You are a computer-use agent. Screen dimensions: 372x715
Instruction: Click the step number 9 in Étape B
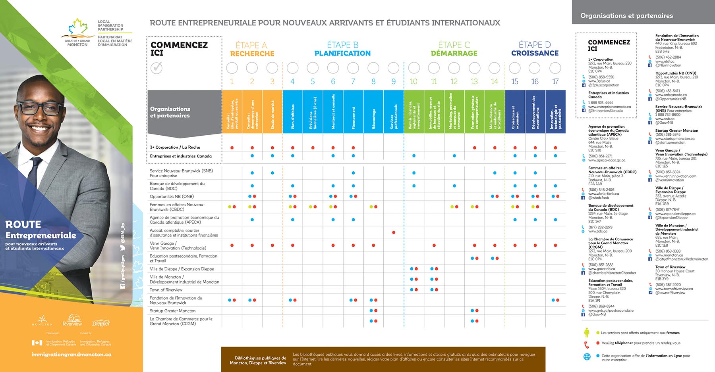point(394,82)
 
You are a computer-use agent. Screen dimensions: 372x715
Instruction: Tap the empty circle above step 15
point(515,68)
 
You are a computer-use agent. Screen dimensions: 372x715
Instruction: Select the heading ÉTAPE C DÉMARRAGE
point(454,49)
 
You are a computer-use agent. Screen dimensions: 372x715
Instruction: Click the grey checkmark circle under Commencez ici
point(157,68)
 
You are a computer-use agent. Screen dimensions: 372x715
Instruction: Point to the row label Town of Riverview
point(166,290)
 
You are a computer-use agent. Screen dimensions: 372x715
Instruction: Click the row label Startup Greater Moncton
point(172,311)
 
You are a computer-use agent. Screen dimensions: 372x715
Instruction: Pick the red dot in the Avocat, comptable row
point(394,232)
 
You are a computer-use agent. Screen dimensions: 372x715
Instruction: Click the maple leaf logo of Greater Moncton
point(79,29)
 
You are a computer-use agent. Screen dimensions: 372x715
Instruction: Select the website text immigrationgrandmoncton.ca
point(71,355)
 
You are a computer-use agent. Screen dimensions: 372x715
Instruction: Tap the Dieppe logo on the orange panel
point(101,323)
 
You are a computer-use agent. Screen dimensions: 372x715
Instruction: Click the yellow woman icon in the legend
point(587,332)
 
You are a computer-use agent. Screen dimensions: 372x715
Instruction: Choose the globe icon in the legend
point(587,357)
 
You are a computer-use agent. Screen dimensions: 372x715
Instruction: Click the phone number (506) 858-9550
point(601,77)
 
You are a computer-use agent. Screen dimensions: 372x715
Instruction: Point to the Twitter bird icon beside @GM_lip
point(123,248)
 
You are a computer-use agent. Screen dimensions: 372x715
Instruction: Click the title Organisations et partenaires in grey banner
point(626,16)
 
